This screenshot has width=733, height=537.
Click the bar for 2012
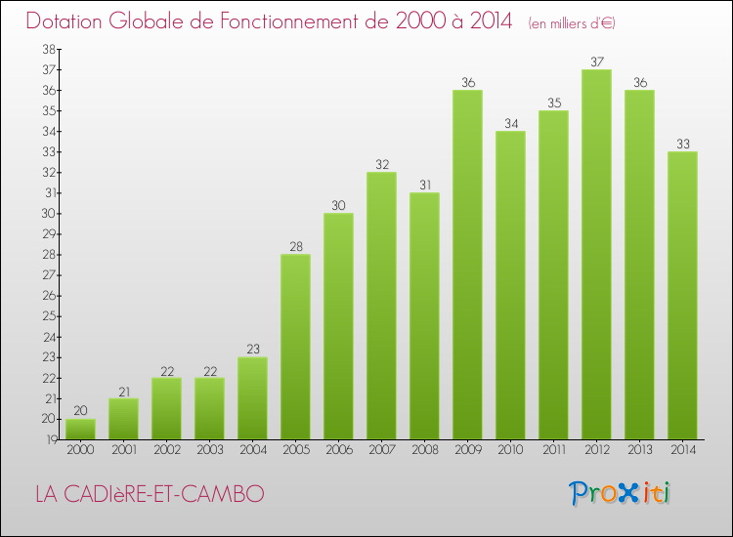(x=596, y=254)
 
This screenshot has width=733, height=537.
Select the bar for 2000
(x=80, y=429)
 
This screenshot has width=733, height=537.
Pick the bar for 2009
(x=467, y=265)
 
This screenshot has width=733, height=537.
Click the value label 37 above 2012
(x=596, y=62)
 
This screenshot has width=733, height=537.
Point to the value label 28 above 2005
(x=295, y=247)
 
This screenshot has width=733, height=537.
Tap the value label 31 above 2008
(x=424, y=186)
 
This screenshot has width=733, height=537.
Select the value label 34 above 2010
(x=510, y=124)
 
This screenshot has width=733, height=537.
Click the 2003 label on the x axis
(x=209, y=450)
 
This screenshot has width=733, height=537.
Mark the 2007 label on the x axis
(x=381, y=450)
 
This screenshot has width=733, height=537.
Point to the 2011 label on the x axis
(x=553, y=450)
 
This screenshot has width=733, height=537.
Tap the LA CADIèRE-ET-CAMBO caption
(x=149, y=494)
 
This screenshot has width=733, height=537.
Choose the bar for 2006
(x=338, y=326)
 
